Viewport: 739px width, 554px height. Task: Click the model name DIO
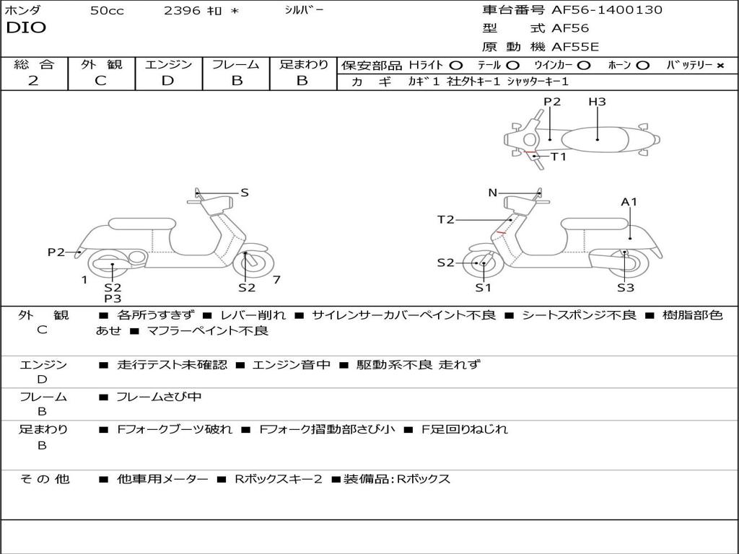[x=26, y=28]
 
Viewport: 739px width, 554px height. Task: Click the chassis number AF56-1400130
[x=606, y=10]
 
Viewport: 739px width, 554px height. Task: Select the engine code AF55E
[x=575, y=47]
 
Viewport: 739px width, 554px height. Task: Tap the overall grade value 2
[x=33, y=81]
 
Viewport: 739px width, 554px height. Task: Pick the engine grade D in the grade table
[x=167, y=81]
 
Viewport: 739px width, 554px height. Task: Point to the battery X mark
[x=720, y=66]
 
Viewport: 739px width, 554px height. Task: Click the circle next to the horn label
[x=642, y=66]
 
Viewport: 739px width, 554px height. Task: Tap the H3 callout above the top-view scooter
[x=597, y=101]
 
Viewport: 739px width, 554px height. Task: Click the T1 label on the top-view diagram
[x=559, y=157]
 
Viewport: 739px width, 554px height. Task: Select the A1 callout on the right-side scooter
[x=629, y=202]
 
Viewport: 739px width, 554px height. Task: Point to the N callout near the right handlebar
[x=492, y=193]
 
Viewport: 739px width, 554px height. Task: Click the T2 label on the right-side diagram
[x=445, y=219]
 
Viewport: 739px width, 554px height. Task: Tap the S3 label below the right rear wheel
[x=626, y=288]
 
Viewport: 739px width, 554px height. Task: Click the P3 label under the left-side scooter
[x=113, y=299]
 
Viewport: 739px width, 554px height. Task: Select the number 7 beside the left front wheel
[x=276, y=280]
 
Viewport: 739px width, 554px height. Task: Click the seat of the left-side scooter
[x=142, y=224]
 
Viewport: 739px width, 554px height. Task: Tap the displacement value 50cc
[x=107, y=10]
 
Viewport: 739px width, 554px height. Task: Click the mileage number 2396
[x=182, y=10]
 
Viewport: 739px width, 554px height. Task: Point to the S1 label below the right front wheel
[x=483, y=288]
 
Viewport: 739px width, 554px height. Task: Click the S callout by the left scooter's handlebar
[x=244, y=193]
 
